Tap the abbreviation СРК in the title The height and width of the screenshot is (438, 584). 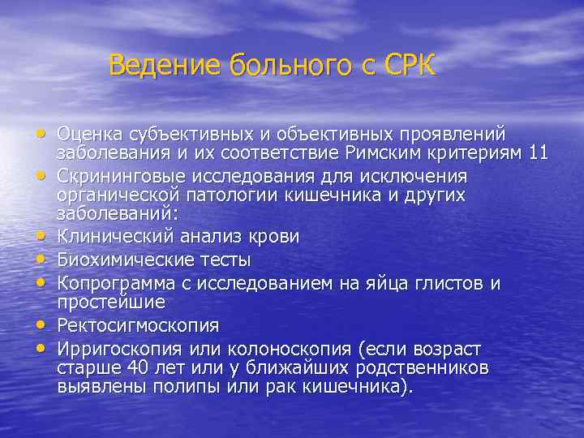pyautogui.click(x=411, y=65)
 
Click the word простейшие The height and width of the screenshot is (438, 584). pyautogui.click(x=111, y=302)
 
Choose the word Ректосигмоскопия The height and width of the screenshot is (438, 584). pyautogui.click(x=138, y=325)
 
